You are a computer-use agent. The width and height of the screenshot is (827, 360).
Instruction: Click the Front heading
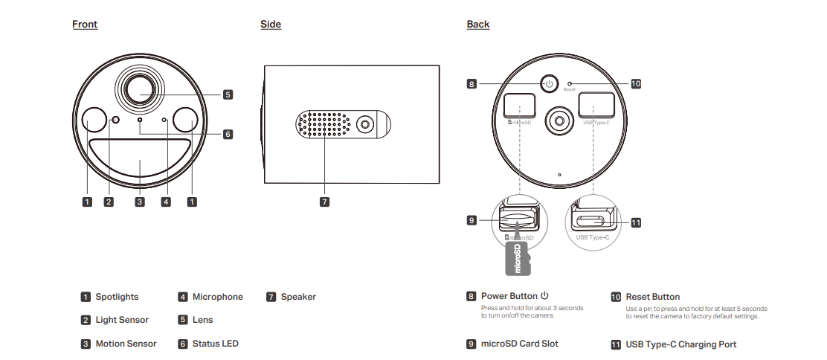[x=85, y=25]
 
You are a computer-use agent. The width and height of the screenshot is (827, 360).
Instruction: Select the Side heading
[x=271, y=25]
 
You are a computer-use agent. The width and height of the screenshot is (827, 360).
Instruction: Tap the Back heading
[x=477, y=25]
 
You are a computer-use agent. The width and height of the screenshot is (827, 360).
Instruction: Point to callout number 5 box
[x=228, y=94]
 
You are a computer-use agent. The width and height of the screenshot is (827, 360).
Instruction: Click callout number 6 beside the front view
[x=228, y=135]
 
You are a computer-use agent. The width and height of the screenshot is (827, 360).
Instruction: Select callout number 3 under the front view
[x=140, y=202]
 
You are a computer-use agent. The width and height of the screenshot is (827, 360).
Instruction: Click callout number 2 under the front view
[x=109, y=202]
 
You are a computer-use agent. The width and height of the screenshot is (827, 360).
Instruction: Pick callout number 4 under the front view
[x=166, y=202]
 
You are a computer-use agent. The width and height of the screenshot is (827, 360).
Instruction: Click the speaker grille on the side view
[x=325, y=125]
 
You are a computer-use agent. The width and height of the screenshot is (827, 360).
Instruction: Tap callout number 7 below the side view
[x=324, y=202]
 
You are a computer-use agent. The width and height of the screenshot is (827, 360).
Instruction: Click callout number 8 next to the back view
[x=472, y=84]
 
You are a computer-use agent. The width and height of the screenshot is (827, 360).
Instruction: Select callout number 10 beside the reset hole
[x=635, y=84]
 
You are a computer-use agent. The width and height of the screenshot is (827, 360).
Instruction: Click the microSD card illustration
[x=518, y=258]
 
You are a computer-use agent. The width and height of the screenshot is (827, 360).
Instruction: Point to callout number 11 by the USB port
[x=635, y=222]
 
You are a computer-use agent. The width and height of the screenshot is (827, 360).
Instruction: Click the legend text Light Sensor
[x=122, y=320]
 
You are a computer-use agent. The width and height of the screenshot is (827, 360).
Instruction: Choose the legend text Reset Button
[x=652, y=297]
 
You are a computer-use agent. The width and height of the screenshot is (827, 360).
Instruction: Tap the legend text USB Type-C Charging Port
[x=681, y=344]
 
